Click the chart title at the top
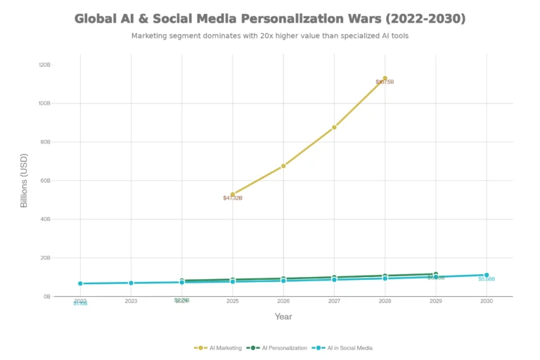click(x=270, y=18)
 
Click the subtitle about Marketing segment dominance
click(x=270, y=36)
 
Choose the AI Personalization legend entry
click(x=278, y=347)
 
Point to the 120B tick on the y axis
click(x=44, y=65)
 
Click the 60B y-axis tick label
click(x=44, y=181)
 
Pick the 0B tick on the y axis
click(x=46, y=297)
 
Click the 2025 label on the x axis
click(x=233, y=301)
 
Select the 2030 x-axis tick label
click(x=486, y=301)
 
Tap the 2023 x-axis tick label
click(x=131, y=301)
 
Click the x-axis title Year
click(x=283, y=316)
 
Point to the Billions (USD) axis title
click(x=24, y=181)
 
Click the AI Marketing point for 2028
click(x=385, y=78)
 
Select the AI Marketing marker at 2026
click(x=283, y=166)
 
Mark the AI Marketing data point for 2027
click(x=334, y=127)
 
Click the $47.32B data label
click(x=233, y=198)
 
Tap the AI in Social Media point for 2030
click(x=486, y=275)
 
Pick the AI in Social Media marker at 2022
click(x=80, y=283)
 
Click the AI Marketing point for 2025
click(x=233, y=194)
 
